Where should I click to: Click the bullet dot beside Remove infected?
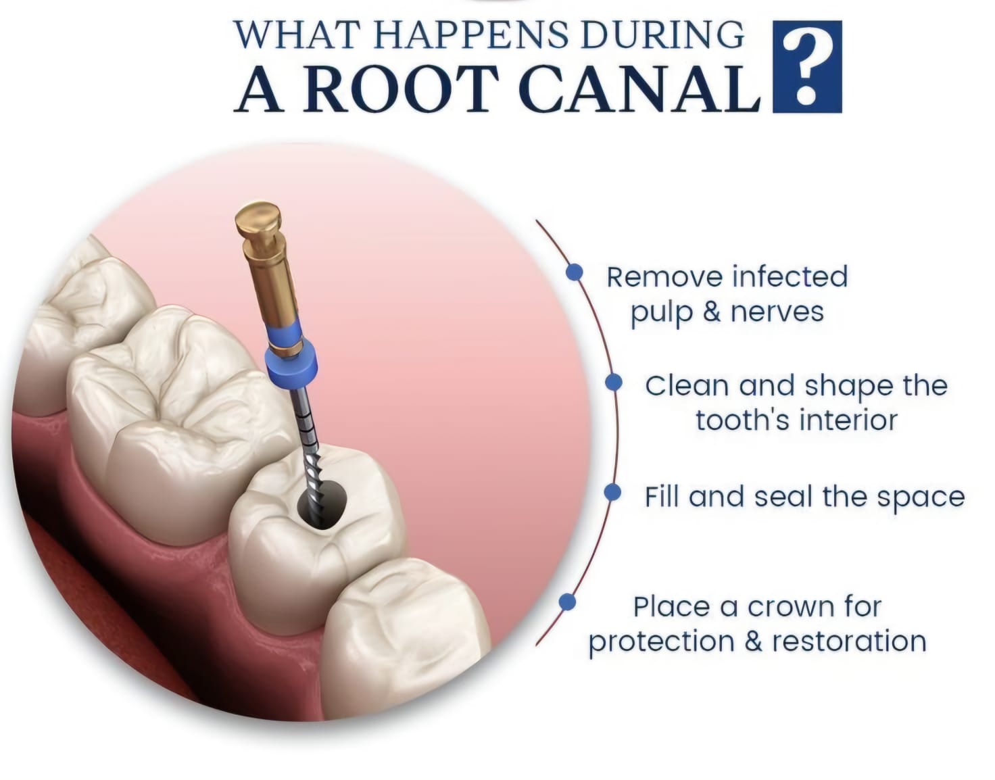pyautogui.click(x=574, y=272)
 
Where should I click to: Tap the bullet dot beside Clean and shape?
pyautogui.click(x=614, y=382)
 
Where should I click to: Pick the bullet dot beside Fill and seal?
pyautogui.click(x=612, y=493)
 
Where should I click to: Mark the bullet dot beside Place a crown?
pyautogui.click(x=567, y=602)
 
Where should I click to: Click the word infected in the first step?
pyautogui.click(x=790, y=277)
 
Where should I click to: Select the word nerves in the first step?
pyautogui.click(x=777, y=313)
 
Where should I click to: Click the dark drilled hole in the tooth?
pyautogui.click(x=322, y=505)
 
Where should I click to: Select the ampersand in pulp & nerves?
pyautogui.click(x=711, y=312)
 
